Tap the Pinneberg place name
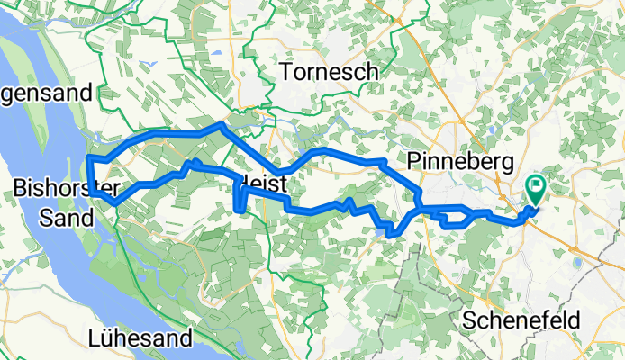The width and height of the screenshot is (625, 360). pos(459,162)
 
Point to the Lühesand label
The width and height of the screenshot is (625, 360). pos(142,339)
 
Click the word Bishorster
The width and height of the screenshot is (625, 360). pos(60,187)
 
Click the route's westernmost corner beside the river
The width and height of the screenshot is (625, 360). pos(89,160)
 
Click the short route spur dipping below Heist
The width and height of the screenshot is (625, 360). pos(239,200)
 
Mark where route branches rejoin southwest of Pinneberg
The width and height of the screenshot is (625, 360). pos(419,211)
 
